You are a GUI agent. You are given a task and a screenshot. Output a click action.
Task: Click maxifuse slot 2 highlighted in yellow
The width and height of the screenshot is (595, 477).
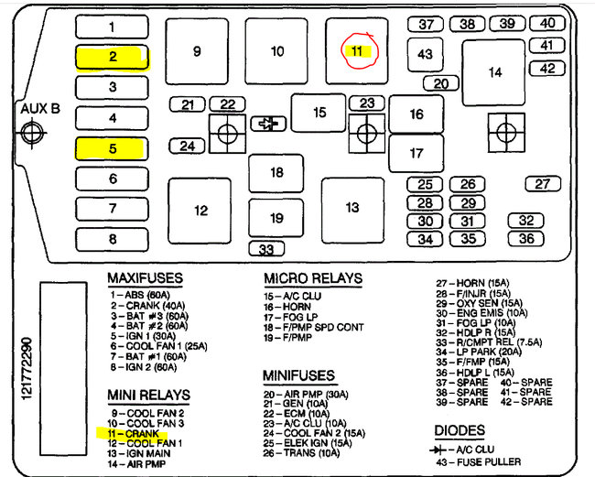click(x=113, y=57)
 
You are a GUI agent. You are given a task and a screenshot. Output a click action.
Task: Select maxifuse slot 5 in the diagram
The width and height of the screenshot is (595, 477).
click(x=113, y=148)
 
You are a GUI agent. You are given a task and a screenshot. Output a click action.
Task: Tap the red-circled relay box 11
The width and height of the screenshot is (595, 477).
click(x=357, y=50)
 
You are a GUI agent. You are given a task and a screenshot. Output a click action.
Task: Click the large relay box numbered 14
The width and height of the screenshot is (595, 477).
click(x=494, y=71)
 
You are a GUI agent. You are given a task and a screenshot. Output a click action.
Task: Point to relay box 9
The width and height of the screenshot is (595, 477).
click(x=196, y=51)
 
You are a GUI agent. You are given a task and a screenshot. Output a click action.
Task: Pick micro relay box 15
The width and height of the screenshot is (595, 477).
click(x=319, y=113)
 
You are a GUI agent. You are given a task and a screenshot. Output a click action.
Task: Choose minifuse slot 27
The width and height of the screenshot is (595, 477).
click(x=543, y=184)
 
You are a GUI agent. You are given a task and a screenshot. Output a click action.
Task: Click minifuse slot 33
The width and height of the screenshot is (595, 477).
click(x=265, y=249)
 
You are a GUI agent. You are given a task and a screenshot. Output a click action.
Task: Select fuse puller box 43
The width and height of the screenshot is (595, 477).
click(x=425, y=55)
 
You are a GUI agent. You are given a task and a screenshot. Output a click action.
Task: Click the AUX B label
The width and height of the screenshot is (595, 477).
click(x=39, y=108)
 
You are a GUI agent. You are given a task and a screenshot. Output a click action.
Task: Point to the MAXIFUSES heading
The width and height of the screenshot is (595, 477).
click(x=145, y=277)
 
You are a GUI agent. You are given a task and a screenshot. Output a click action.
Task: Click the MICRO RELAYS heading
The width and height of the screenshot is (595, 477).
click(x=313, y=278)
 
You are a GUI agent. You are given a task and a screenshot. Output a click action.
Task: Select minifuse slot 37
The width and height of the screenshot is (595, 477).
click(x=426, y=24)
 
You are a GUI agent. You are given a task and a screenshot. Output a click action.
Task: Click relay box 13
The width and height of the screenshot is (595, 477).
click(x=352, y=209)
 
